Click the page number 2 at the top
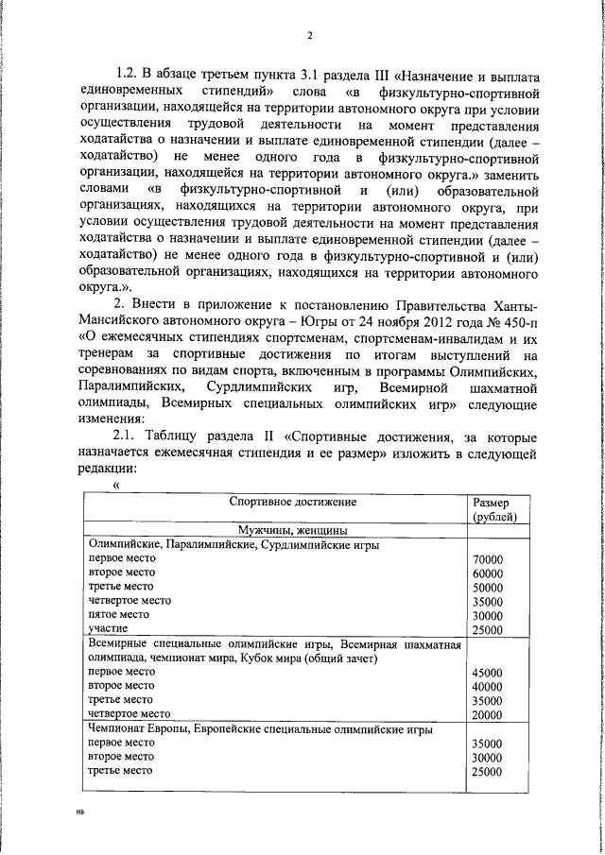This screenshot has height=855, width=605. coord(309,37)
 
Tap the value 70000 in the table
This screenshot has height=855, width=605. coord(487,559)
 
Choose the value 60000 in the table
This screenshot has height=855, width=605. coord(487,573)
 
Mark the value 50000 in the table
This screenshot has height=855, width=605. coord(487,588)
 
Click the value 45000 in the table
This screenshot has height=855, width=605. coord(487,673)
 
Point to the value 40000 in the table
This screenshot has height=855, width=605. coord(487,687)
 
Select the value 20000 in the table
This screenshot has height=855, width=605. coord(487,715)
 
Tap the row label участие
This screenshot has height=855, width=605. coord(108,628)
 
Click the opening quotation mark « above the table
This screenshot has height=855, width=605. coord(116,485)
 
